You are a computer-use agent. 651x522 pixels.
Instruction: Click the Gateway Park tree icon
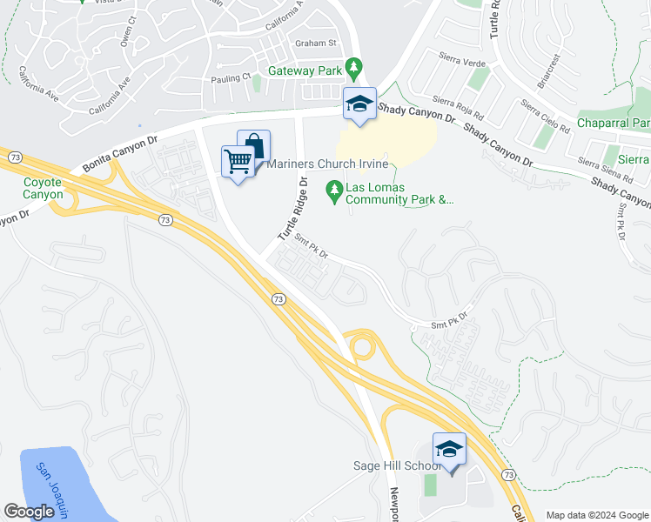pos(353,66)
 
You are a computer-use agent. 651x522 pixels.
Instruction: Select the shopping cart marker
pos(238,161)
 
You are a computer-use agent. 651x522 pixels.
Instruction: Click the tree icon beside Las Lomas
pos(333,190)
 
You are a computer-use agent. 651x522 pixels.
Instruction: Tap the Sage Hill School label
pos(397,466)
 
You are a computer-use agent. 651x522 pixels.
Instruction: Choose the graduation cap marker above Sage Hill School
pos(449,449)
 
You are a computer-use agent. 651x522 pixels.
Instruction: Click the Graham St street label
pos(316,43)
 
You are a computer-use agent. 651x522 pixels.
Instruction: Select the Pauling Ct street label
pos(231,77)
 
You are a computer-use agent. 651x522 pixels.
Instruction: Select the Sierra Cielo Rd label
pos(545,117)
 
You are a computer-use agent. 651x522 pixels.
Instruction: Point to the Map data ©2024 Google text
pos(596,515)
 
